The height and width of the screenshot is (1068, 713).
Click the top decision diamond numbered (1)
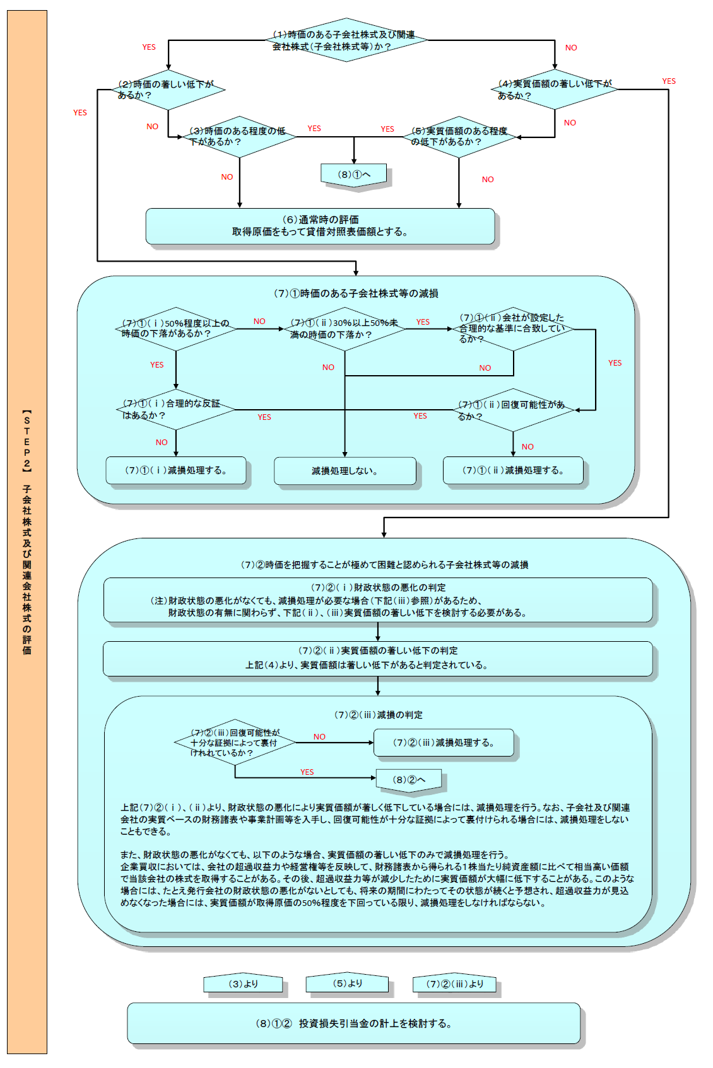point(346,40)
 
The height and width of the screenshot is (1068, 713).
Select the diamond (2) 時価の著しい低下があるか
point(168,90)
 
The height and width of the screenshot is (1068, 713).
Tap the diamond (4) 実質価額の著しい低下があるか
point(555,90)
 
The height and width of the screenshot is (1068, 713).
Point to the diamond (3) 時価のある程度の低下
point(240,137)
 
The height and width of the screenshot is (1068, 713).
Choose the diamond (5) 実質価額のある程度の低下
point(459,137)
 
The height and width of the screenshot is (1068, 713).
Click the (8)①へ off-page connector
point(354,175)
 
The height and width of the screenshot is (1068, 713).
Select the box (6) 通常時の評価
point(321,226)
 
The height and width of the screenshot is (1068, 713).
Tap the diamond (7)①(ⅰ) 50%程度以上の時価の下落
point(176,328)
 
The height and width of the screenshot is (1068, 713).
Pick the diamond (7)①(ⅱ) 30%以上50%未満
point(345,329)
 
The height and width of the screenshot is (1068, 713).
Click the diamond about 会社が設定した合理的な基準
point(513,328)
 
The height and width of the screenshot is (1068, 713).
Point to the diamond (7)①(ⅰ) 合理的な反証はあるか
point(176,410)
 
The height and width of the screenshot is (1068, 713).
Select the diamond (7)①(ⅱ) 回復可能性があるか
point(513,410)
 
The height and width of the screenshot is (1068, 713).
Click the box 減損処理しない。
point(345,471)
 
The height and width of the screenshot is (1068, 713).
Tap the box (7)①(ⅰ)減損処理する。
point(176,470)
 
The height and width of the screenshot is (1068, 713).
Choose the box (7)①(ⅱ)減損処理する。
point(513,470)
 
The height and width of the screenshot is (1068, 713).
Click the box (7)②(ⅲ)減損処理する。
point(444,743)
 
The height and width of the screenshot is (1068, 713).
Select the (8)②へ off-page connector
point(409,781)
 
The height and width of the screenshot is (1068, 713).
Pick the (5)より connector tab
point(347,984)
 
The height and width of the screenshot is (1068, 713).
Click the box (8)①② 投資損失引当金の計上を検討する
point(353,1024)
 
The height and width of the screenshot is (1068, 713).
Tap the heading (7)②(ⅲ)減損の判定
point(379,715)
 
